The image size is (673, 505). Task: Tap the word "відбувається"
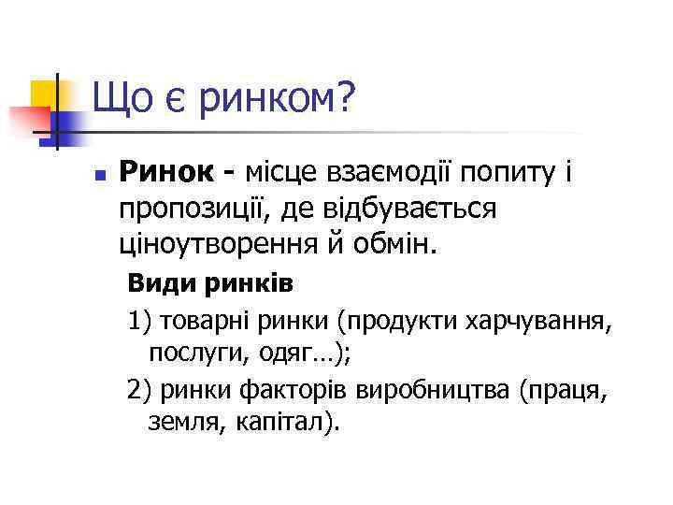click(x=400, y=209)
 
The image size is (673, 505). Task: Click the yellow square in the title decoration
click(x=45, y=94)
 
